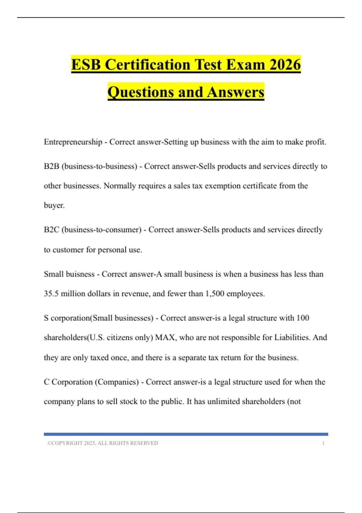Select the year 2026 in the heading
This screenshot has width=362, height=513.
pyautogui.click(x=285, y=65)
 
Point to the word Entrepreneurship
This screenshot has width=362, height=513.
pyautogui.click(x=73, y=142)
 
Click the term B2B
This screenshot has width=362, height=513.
pyautogui.click(x=51, y=166)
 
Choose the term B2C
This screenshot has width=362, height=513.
pyautogui.click(x=51, y=230)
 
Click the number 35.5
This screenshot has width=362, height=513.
pyautogui.click(x=51, y=294)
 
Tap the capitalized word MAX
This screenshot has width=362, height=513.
pyautogui.click(x=165, y=337)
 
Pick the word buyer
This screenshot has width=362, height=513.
pyautogui.click(x=54, y=206)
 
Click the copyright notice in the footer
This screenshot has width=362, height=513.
pyautogui.click(x=103, y=443)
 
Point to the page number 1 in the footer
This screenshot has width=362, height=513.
pyautogui.click(x=323, y=443)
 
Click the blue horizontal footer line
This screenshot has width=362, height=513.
pyautogui.click(x=186, y=434)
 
